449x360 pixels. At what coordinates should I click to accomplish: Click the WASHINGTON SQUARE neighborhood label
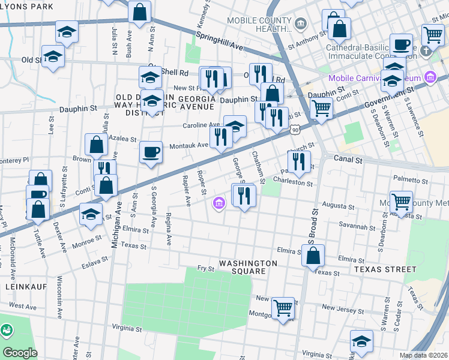(248, 267)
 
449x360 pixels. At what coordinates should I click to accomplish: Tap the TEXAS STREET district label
(384, 269)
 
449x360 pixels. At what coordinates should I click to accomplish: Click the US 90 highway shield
(294, 129)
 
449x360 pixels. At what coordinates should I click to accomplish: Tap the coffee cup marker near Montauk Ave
(151, 151)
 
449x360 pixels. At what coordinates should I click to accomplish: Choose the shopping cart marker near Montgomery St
(283, 308)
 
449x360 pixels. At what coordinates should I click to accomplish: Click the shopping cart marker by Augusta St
(401, 202)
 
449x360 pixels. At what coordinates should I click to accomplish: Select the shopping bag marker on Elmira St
(313, 255)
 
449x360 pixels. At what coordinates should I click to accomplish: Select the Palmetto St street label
(411, 180)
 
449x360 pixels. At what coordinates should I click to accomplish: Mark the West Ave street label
(23, 306)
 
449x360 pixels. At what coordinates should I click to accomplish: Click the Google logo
(20, 352)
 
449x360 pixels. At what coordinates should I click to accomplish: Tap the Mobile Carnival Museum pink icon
(429, 77)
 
